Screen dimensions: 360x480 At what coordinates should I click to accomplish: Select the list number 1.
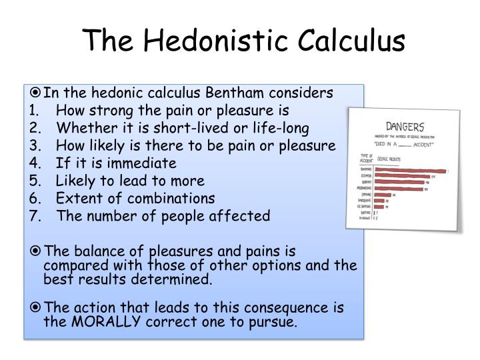tap(34, 111)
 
